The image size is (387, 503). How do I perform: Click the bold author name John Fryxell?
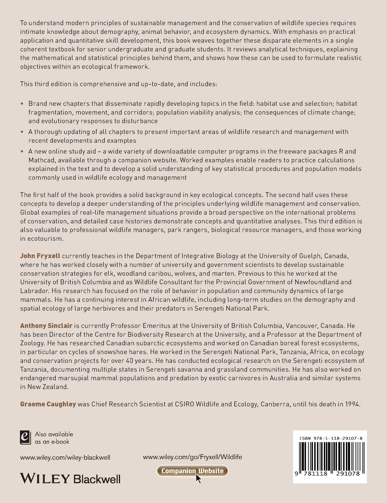(x=40, y=256)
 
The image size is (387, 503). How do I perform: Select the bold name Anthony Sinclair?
(x=46, y=326)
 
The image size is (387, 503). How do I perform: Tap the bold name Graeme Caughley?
(x=48, y=404)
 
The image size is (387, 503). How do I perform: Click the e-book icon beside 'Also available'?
(x=25, y=437)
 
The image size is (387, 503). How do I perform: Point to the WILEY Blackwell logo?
(x=70, y=479)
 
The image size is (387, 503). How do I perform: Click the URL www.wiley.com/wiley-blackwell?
(x=65, y=458)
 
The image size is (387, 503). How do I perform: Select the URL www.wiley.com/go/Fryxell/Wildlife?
(x=192, y=457)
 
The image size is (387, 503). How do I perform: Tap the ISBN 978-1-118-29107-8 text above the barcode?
(x=330, y=438)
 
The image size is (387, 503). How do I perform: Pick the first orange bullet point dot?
(x=22, y=104)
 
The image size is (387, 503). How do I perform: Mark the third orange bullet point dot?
(x=22, y=152)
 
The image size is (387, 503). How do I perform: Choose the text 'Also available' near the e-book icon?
(x=54, y=434)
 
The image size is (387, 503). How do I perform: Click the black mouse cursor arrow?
(x=198, y=479)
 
